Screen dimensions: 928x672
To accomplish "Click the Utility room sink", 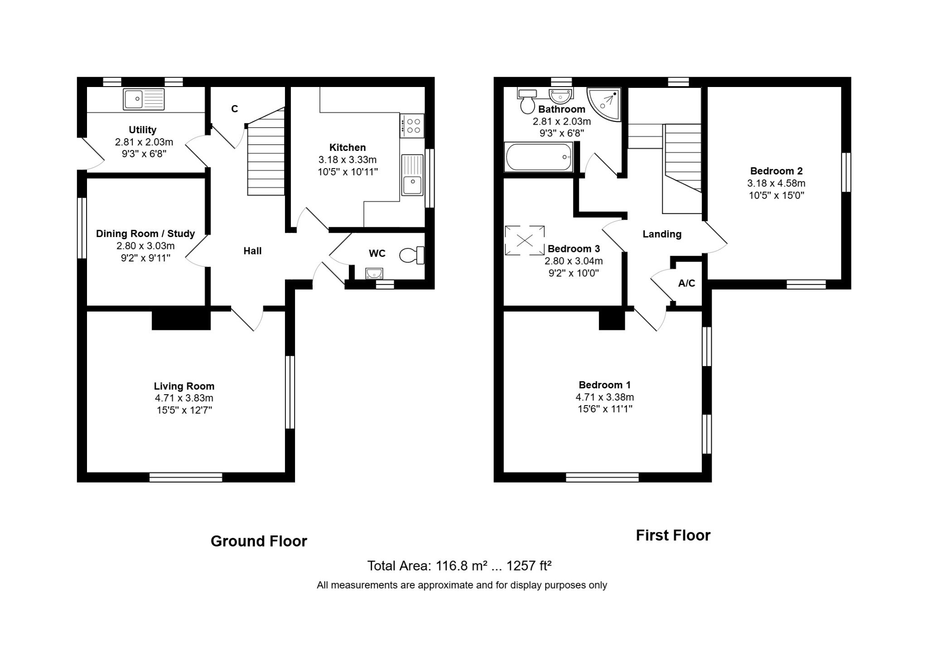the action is [x=144, y=99].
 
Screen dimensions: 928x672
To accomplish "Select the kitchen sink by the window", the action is [x=412, y=175].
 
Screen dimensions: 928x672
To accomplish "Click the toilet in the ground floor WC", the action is [x=412, y=255].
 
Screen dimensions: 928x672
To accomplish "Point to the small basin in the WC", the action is [x=374, y=273].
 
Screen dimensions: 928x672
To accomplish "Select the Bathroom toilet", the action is [x=527, y=101].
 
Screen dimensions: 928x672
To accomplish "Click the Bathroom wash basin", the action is [x=561, y=96].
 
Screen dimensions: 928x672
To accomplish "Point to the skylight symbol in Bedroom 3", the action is [x=525, y=240].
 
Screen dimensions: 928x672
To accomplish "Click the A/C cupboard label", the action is [x=686, y=283].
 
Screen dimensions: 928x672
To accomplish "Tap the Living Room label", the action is [x=184, y=386].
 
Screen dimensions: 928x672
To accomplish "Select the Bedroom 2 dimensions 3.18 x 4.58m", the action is [x=776, y=183].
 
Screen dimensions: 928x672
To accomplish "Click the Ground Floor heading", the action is [x=259, y=541].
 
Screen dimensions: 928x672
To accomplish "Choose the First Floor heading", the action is [x=673, y=535].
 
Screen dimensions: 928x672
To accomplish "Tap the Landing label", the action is [x=662, y=234].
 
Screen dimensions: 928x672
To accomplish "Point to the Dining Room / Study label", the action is [x=145, y=233].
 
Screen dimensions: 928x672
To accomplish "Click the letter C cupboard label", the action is [x=235, y=109].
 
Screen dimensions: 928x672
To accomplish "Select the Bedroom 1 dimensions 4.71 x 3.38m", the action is [x=604, y=397].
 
